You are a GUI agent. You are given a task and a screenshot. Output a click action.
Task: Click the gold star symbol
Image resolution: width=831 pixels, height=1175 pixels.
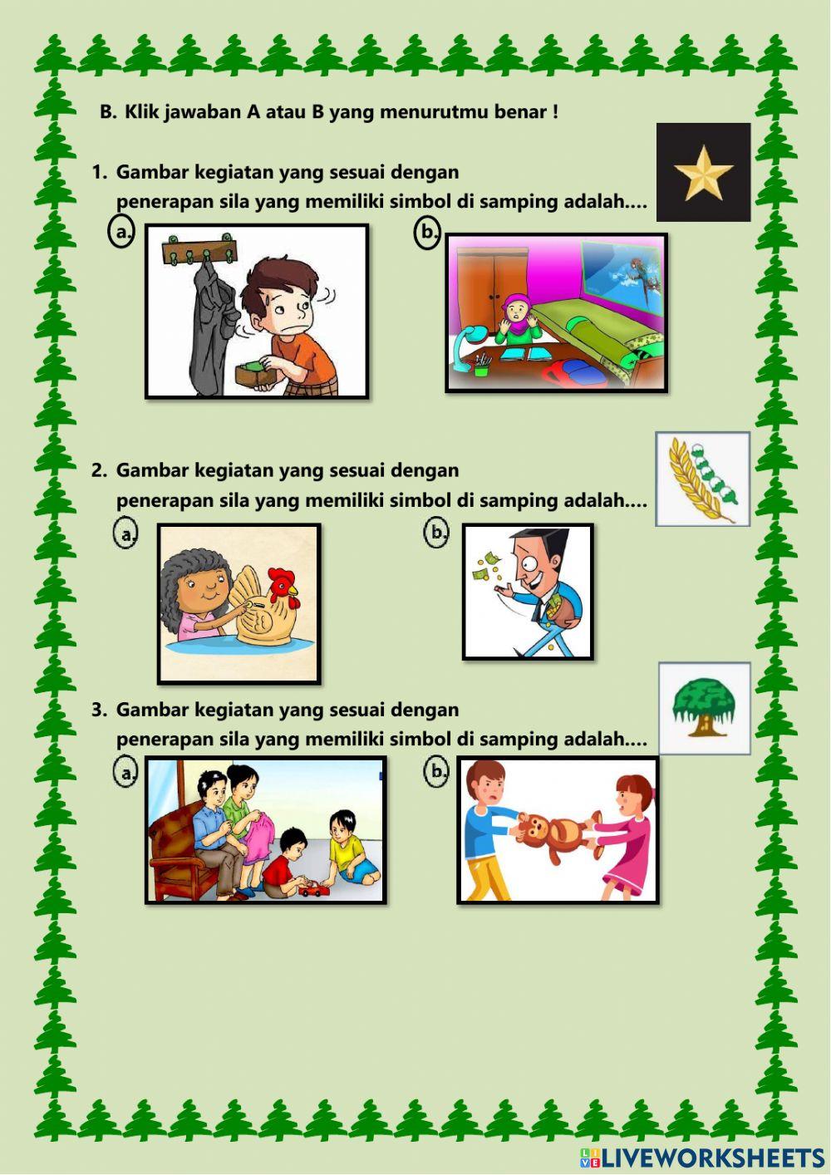[x=703, y=173]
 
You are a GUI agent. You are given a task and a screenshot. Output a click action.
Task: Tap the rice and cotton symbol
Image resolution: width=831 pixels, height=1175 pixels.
[x=703, y=479]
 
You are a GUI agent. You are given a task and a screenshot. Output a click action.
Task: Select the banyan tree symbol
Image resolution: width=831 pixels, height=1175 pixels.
[x=704, y=708]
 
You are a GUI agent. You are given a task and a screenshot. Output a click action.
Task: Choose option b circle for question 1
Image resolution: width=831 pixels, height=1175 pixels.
[x=427, y=232]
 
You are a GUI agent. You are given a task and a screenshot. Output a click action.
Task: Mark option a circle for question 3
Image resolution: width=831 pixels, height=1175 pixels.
[x=125, y=773]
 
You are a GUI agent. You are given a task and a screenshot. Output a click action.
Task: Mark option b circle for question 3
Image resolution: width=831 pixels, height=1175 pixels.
[x=436, y=772]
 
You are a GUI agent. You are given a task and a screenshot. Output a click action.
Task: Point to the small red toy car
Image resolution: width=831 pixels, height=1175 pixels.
[x=314, y=891]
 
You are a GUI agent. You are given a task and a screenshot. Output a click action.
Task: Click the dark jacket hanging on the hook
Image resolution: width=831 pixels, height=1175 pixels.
[x=209, y=332]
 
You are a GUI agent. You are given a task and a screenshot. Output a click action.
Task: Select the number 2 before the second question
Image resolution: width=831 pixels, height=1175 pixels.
[x=98, y=470]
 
